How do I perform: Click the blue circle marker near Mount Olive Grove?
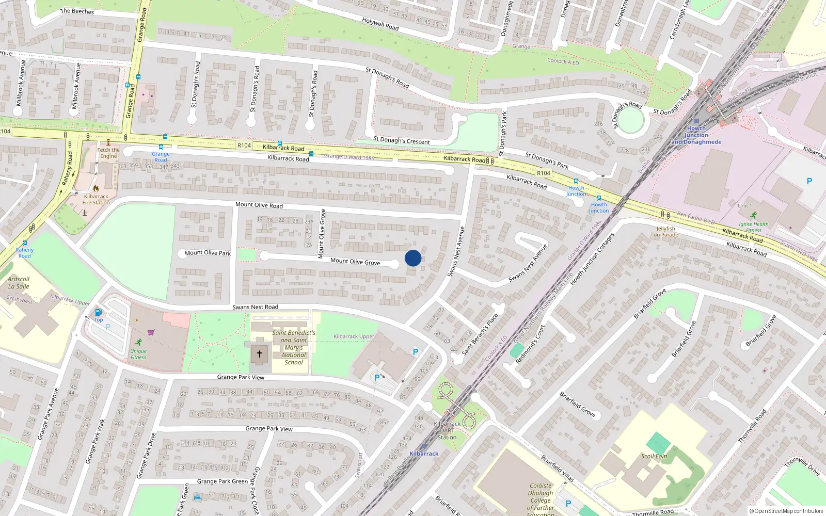pyautogui.click(x=413, y=258)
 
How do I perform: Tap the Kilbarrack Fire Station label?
pyautogui.click(x=96, y=199)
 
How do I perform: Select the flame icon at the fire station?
pyautogui.click(x=96, y=188)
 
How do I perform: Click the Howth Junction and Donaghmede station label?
pyautogui.click(x=696, y=135)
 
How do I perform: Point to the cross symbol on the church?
pyautogui.click(x=260, y=354)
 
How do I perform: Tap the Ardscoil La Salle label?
pyautogui.click(x=19, y=283)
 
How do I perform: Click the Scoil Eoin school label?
pyautogui.click(x=654, y=456)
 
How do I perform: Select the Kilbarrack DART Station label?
pyautogui.click(x=447, y=430)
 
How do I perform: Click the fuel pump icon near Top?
pyautogui.click(x=98, y=312)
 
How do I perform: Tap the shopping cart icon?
pyautogui.click(x=151, y=332)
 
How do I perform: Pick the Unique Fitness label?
pyautogui.click(x=138, y=354)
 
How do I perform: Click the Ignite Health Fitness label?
pyautogui.click(x=753, y=227)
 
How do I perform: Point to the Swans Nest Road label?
pyautogui.click(x=255, y=307)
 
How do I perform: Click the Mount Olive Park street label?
pyautogui.click(x=208, y=253)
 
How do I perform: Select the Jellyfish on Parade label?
pyautogui.click(x=665, y=232)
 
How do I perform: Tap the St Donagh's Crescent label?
pyautogui.click(x=401, y=140)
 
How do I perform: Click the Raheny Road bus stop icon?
pyautogui.click(x=25, y=243)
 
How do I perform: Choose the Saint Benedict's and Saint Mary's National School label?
pyautogui.click(x=294, y=347)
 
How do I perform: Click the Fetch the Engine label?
pyautogui.click(x=108, y=153)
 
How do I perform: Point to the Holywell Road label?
pyautogui.click(x=380, y=24)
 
